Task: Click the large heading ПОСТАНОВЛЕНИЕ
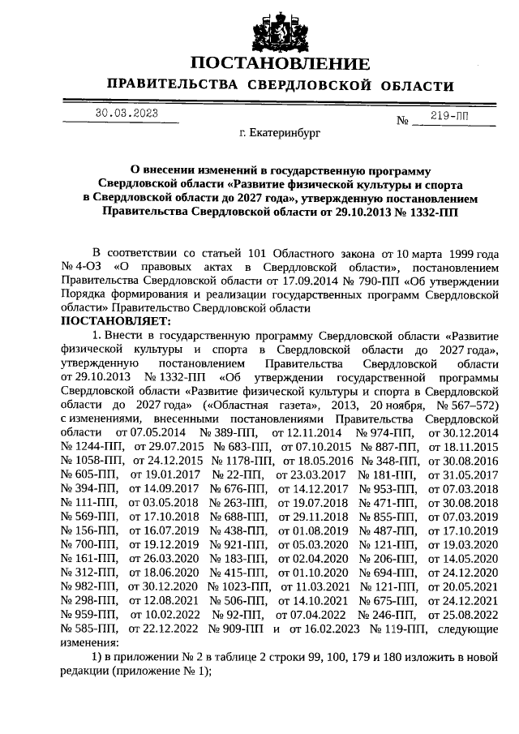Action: coord(280,63)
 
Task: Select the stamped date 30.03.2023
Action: coord(127,113)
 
